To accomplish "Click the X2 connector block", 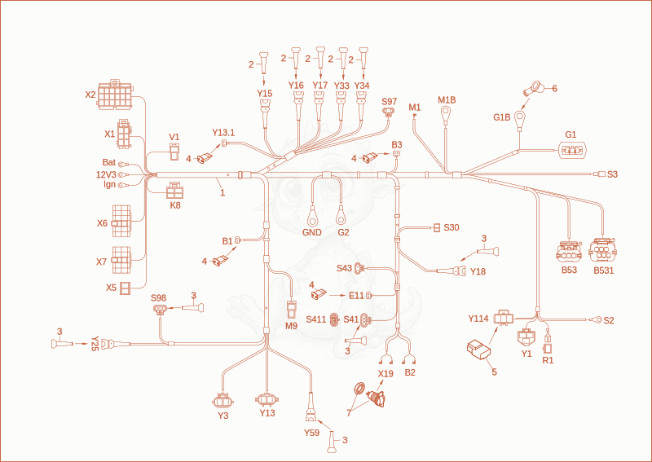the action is pos(115,95).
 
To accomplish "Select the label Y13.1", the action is pos(223,133).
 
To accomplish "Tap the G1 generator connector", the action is pos(574,150).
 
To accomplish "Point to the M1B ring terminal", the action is pos(446,112).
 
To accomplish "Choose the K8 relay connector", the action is pos(175,191).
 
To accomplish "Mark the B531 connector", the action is pos(602,250).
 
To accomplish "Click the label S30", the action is pos(452,227).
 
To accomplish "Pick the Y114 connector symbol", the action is pos(504,318).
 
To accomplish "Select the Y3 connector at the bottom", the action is pos(222,401).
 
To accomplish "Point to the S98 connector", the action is pos(159,310).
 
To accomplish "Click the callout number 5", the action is pos(495,372).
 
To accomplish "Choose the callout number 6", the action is pos(554,89).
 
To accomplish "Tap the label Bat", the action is pos(109,162).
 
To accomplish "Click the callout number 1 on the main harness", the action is pos(222,193).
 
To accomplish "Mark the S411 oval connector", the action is pos(334,319).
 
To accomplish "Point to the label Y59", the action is pos(311,433).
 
